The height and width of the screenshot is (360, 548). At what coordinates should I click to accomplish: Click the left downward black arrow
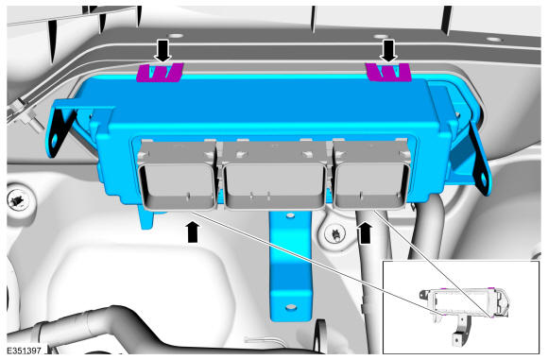tap(163, 51)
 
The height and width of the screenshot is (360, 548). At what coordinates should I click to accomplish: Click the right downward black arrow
tap(388, 51)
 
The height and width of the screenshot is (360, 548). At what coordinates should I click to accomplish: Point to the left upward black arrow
tap(194, 232)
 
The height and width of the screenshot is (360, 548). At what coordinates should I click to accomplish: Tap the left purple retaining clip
tap(160, 73)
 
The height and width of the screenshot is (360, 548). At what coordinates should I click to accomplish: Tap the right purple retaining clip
tap(388, 72)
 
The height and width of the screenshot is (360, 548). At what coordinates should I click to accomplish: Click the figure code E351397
tap(24, 351)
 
